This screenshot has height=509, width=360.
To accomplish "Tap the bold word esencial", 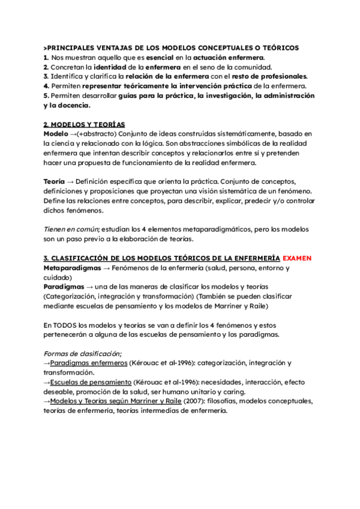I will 157,57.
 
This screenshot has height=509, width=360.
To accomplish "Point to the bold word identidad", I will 110,67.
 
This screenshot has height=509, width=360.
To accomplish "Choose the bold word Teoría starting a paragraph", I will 55,181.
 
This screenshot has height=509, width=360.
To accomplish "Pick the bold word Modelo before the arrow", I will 56,133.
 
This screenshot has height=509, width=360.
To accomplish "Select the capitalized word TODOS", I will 64,325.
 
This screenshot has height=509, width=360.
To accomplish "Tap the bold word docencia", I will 71,105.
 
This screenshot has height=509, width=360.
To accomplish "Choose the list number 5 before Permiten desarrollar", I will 46,95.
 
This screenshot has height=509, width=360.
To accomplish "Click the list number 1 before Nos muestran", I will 46,57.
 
